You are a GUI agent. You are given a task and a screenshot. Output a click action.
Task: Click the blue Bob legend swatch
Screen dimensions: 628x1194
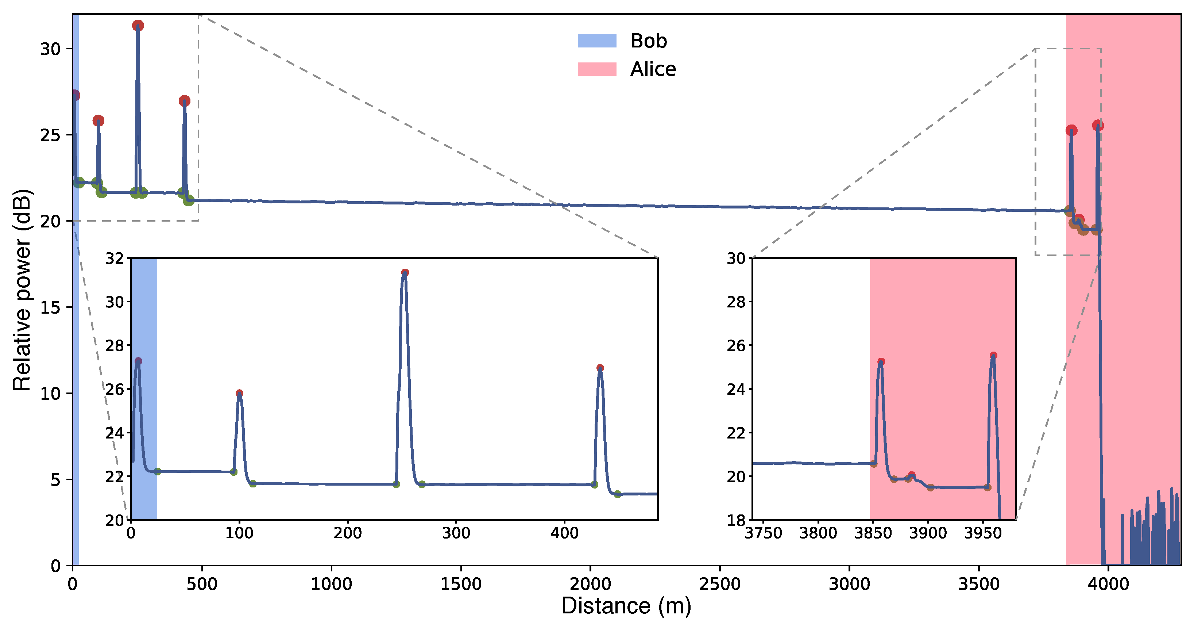596,41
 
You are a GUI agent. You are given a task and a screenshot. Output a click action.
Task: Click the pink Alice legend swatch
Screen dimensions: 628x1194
596,69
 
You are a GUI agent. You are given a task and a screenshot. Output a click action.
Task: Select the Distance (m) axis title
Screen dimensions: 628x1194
626,606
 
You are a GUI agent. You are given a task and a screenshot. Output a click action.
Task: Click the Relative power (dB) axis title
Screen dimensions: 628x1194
22,290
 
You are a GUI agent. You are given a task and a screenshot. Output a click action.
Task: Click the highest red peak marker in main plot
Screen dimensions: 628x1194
138,26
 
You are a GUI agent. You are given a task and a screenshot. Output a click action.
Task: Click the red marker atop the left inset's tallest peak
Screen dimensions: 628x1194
405,272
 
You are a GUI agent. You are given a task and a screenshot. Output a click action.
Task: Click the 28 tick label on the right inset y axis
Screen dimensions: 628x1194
736,302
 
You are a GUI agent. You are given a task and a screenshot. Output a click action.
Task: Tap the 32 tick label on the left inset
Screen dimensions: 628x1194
115,259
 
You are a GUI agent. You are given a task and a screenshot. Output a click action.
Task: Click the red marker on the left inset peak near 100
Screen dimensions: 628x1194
239,393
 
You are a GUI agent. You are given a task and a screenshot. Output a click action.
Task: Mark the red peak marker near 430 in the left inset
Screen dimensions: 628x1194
600,368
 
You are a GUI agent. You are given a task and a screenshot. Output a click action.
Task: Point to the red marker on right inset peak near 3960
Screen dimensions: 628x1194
993,356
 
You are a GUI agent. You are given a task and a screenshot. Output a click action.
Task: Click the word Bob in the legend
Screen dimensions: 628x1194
649,41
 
